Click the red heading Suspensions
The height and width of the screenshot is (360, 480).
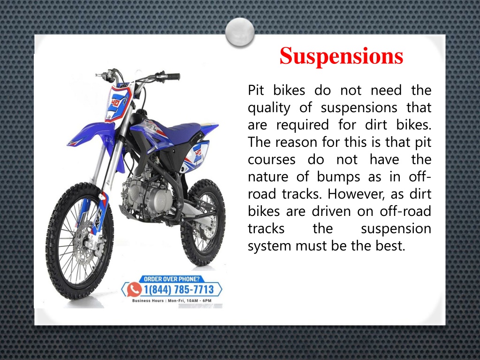(x=341, y=56)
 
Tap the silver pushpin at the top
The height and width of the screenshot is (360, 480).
(x=239, y=32)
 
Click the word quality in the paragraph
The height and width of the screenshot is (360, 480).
(x=269, y=108)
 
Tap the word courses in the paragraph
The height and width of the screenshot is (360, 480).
(x=271, y=160)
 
